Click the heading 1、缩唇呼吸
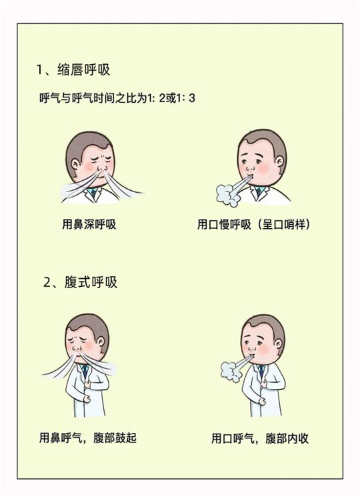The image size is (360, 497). click(73, 70)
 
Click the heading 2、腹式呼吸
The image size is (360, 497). click(80, 282)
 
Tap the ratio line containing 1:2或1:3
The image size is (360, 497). click(117, 98)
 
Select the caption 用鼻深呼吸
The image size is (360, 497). click(89, 224)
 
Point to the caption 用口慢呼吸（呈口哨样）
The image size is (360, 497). click(253, 224)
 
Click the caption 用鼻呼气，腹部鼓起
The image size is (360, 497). click(88, 438)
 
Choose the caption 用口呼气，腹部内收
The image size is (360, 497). click(260, 438)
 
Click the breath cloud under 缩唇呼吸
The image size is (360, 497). click(227, 195)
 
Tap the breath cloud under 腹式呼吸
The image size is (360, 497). click(231, 371)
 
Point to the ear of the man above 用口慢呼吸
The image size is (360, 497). click(279, 162)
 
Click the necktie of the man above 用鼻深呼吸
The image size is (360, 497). click(93, 192)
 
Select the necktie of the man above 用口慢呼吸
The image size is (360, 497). click(259, 191)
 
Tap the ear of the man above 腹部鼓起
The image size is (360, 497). click(101, 342)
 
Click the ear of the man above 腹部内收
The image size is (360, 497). click(278, 344)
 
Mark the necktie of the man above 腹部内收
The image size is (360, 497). click(261, 371)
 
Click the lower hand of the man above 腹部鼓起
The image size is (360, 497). click(86, 399)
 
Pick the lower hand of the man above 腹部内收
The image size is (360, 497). click(262, 401)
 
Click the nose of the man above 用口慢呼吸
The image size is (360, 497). click(250, 167)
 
